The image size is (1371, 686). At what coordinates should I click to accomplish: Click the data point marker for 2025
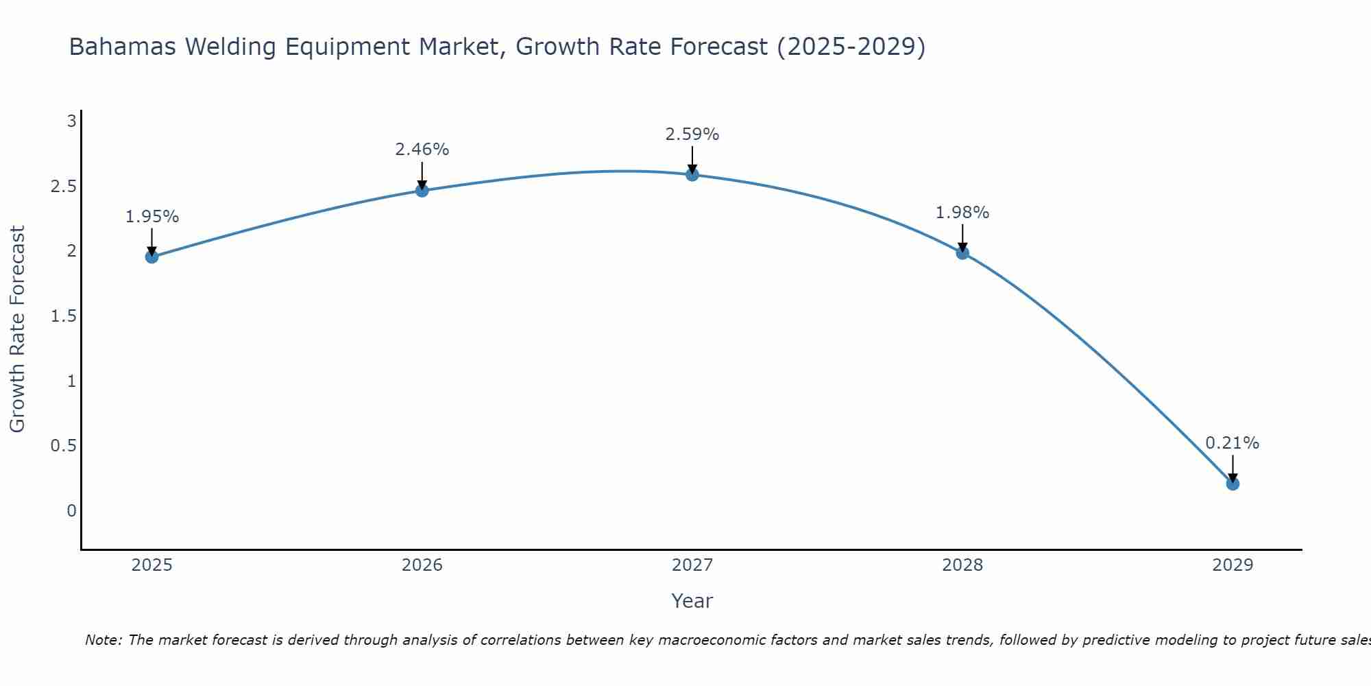click(x=152, y=257)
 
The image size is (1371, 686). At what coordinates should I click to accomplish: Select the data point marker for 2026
click(x=422, y=191)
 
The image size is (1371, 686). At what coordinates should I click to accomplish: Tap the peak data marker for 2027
click(x=692, y=175)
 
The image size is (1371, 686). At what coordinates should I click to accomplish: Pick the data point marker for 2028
click(x=962, y=253)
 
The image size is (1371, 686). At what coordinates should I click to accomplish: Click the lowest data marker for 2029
click(x=1233, y=484)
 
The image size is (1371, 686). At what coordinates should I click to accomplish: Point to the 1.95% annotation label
click(x=152, y=217)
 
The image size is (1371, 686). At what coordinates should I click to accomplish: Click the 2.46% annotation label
click(x=422, y=150)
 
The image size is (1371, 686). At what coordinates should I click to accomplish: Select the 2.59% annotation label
click(x=692, y=134)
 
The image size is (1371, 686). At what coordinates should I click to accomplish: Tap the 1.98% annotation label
click(x=962, y=213)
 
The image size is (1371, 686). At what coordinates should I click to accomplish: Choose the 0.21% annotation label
click(x=1233, y=443)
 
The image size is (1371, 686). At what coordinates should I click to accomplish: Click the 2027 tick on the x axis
click(x=692, y=565)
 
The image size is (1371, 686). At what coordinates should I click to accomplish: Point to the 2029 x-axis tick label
click(x=1233, y=565)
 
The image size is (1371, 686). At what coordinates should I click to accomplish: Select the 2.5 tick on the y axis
click(x=63, y=187)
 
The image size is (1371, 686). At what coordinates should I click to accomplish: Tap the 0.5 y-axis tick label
click(x=63, y=446)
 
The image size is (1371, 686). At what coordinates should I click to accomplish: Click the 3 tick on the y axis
click(x=71, y=121)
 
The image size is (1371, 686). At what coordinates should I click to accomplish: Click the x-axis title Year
click(x=692, y=601)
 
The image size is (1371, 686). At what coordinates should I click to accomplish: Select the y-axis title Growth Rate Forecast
click(x=17, y=329)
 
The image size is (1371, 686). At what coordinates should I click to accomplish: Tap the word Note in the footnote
click(x=103, y=640)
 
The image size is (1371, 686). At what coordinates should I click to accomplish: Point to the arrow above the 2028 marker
click(x=962, y=238)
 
